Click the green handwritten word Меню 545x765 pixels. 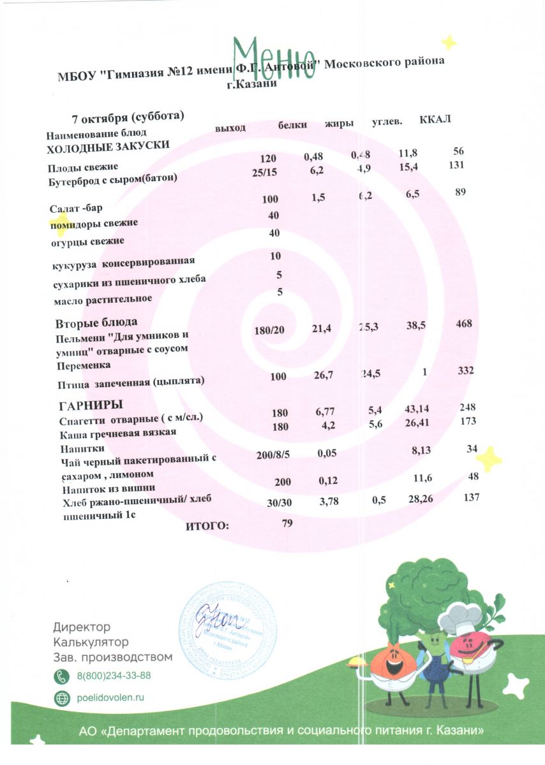(x=273, y=59)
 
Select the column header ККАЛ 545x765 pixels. (x=435, y=120)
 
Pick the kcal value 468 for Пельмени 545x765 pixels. (x=463, y=324)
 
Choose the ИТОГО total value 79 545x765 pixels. (x=287, y=523)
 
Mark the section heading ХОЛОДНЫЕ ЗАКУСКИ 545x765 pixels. (x=108, y=146)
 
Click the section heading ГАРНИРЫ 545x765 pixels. (x=91, y=405)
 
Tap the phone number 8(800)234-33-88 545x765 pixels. (x=114, y=676)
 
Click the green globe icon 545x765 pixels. (x=62, y=698)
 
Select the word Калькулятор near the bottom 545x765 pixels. (x=91, y=641)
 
